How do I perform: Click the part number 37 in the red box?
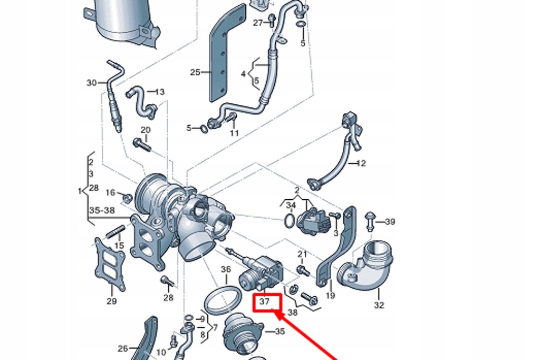click(x=264, y=302)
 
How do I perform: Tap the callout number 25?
click(x=195, y=72)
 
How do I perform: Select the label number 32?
click(x=379, y=305)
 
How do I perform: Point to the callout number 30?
click(x=92, y=83)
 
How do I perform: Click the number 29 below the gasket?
click(x=111, y=301)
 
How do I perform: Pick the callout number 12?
click(x=361, y=163)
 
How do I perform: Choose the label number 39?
click(x=390, y=221)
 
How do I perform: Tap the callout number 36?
click(x=226, y=270)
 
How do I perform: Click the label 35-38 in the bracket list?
click(x=101, y=210)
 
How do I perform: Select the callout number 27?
click(x=258, y=23)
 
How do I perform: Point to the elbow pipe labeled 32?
click(x=369, y=269)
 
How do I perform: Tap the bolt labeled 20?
click(x=142, y=143)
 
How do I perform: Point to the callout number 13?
click(x=159, y=92)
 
